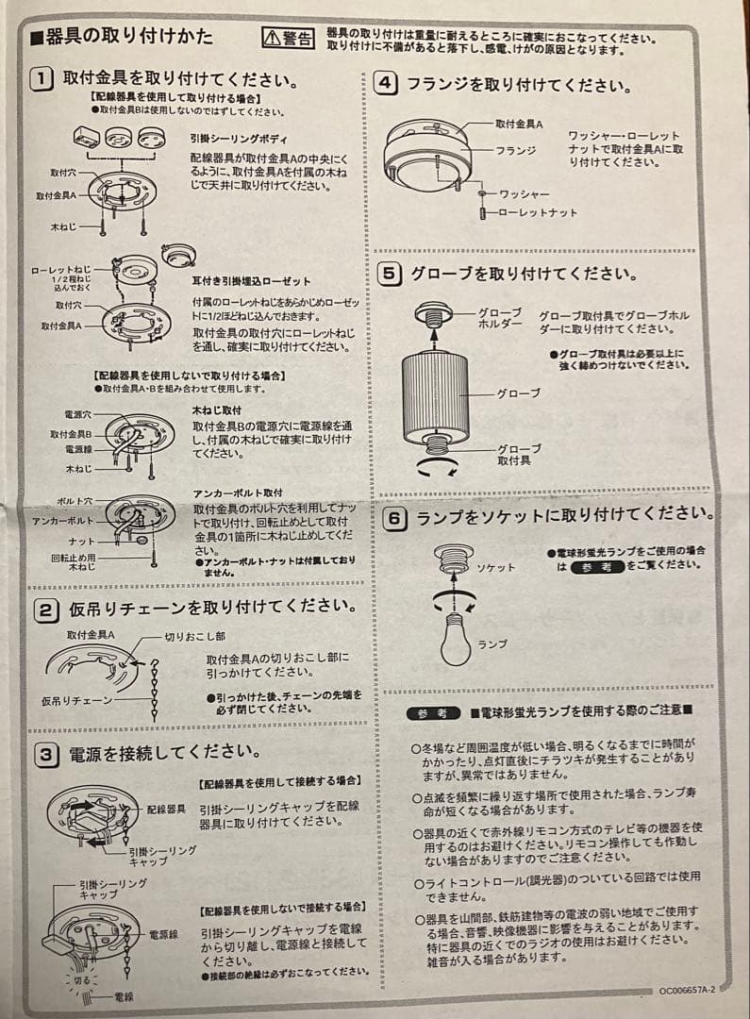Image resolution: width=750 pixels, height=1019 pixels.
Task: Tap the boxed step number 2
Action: pyautogui.click(x=45, y=609)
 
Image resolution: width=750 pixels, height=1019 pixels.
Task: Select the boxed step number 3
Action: pyautogui.click(x=45, y=754)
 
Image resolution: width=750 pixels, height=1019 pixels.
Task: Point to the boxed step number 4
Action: pyautogui.click(x=386, y=83)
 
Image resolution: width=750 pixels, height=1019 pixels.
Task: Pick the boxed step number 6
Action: pyautogui.click(x=395, y=518)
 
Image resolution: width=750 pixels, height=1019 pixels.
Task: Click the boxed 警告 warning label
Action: pyautogui.click(x=288, y=38)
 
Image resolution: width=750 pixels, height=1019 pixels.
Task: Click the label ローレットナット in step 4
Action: pyautogui.click(x=537, y=213)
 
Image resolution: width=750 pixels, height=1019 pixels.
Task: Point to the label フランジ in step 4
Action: pyautogui.click(x=516, y=150)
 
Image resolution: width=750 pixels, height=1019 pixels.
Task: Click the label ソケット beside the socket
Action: pyautogui.click(x=496, y=568)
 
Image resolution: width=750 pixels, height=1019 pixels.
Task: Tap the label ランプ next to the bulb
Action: pyautogui.click(x=492, y=643)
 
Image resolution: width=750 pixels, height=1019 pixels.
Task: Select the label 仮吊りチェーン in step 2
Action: pyautogui.click(x=76, y=700)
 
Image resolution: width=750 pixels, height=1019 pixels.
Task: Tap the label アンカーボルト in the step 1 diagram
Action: pyautogui.click(x=63, y=521)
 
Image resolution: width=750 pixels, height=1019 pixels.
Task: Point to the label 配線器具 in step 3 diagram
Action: pyautogui.click(x=166, y=810)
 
